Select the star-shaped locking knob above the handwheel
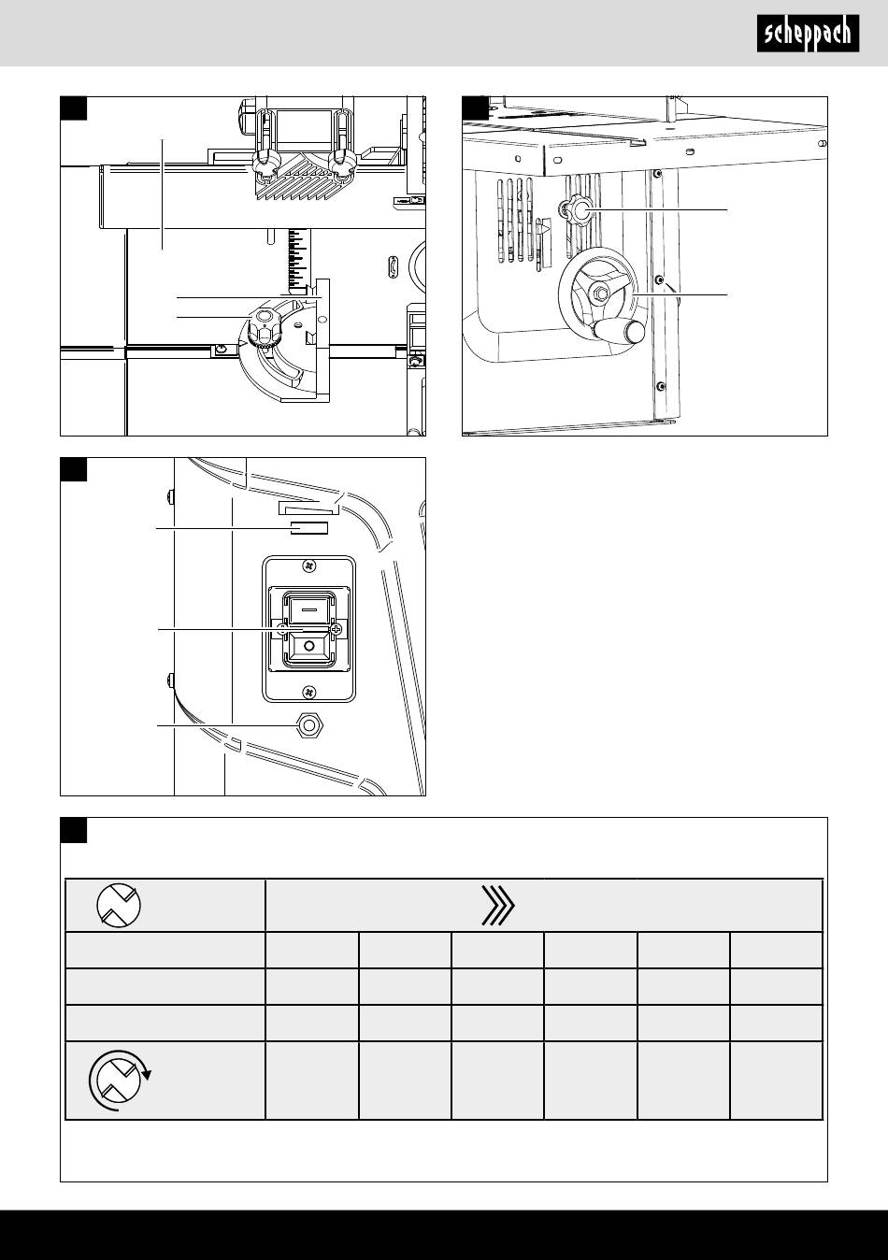(x=576, y=212)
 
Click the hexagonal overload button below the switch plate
(x=304, y=726)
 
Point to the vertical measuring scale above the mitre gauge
(x=296, y=258)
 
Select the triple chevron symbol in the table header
(x=498, y=906)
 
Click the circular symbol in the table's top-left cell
(x=119, y=905)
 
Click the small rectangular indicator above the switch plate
(x=308, y=528)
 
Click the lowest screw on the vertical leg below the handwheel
(x=660, y=386)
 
